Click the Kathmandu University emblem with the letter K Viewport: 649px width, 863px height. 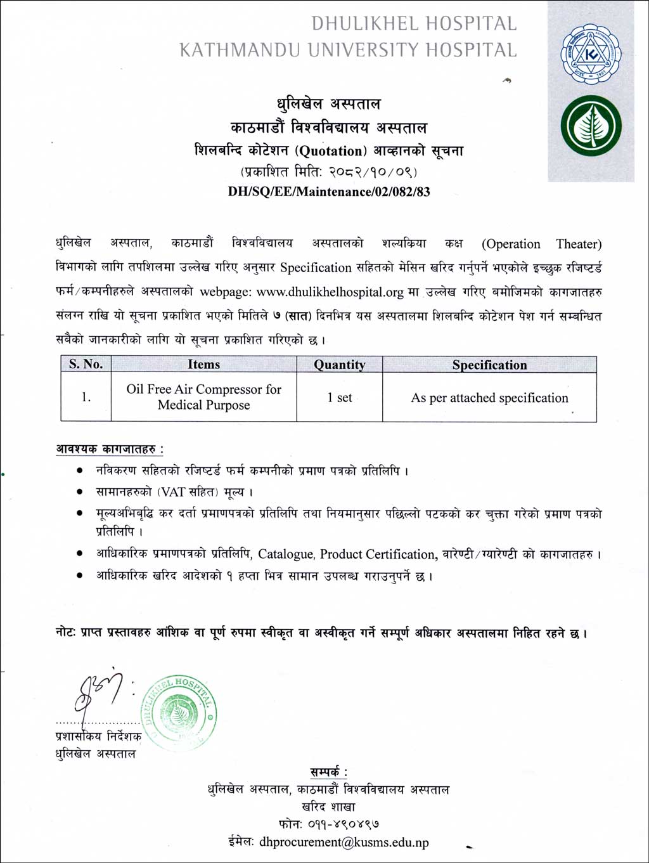tap(591, 55)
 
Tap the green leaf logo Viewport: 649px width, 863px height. tap(591, 126)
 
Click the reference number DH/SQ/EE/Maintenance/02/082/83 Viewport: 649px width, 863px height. tap(329, 191)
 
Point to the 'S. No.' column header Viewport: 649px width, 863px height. tap(86, 364)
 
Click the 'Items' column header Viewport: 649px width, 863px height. tap(203, 364)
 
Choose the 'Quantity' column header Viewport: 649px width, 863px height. tap(340, 365)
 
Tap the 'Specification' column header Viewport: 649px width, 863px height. tap(489, 365)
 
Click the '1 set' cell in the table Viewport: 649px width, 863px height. tap(340, 398)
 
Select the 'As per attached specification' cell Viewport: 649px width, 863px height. tap(489, 398)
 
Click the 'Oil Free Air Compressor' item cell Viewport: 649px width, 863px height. tap(203, 397)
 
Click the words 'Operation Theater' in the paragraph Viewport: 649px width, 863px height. tap(542, 244)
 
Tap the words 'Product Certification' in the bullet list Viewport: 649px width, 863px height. tap(378, 554)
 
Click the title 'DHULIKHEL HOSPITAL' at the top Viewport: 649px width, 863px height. tap(414, 23)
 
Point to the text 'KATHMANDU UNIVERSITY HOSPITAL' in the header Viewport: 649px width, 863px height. tap(348, 49)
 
